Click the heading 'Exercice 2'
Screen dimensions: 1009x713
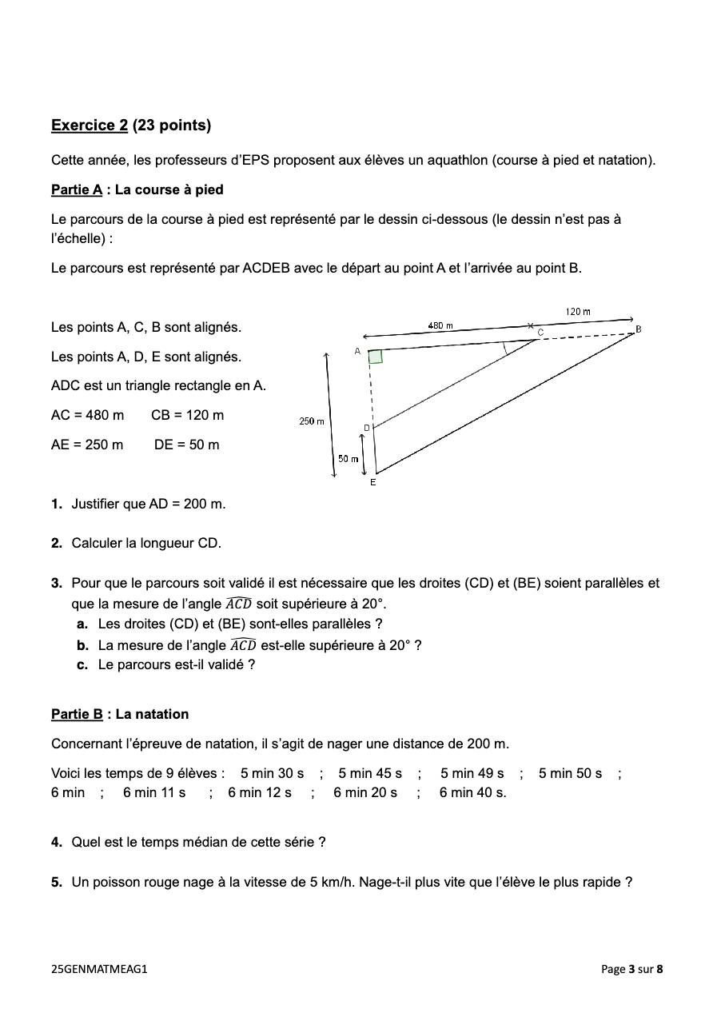(x=90, y=126)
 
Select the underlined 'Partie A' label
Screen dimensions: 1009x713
(x=77, y=190)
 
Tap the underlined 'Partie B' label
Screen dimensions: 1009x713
(x=77, y=715)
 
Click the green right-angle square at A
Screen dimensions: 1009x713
(x=375, y=357)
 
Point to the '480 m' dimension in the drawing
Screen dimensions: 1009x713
(x=440, y=325)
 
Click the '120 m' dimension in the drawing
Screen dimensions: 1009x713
(x=577, y=311)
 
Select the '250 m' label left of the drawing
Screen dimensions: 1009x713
(x=312, y=421)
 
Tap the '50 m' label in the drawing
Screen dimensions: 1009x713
(x=348, y=459)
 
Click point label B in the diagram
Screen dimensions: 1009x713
(x=638, y=329)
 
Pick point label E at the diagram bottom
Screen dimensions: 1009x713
(x=372, y=482)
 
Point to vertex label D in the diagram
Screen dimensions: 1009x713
(x=367, y=428)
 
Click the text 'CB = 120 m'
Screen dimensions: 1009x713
(x=187, y=416)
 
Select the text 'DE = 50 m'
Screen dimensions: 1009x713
(x=186, y=445)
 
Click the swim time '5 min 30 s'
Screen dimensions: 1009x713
(x=272, y=774)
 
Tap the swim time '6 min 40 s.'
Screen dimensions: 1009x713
(x=472, y=793)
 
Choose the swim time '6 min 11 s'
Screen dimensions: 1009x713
(x=154, y=793)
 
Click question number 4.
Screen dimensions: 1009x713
(x=56, y=843)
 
